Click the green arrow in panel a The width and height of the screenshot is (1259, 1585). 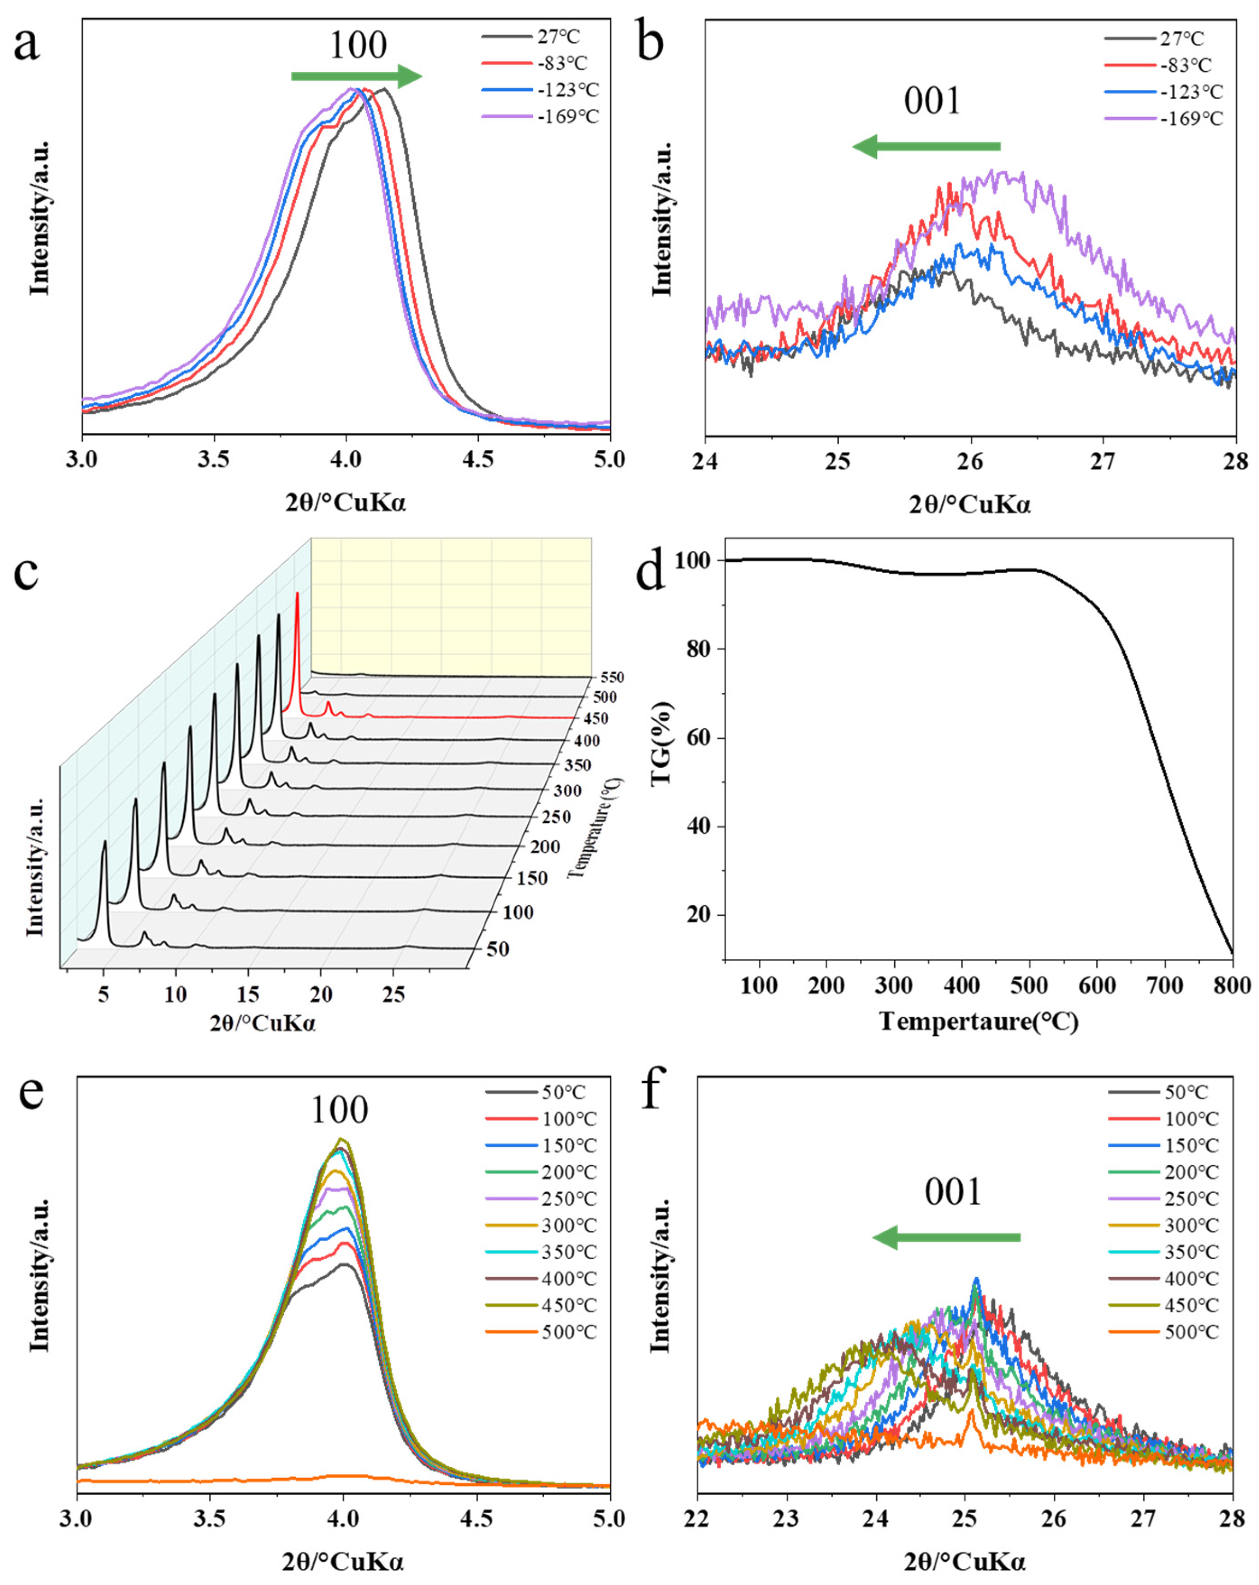pos(356,76)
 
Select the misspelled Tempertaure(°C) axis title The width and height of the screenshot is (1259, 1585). pos(979,1022)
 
